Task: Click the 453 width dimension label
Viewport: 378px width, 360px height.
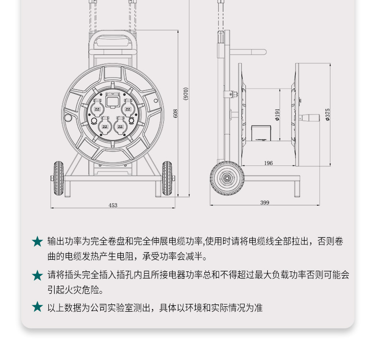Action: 113,205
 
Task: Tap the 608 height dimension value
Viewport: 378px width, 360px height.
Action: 176,114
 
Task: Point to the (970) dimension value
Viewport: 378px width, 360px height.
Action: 186,94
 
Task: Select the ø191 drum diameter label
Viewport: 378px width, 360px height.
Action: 277,115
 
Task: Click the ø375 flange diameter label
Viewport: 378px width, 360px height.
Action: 328,115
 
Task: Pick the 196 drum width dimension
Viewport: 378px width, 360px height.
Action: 268,163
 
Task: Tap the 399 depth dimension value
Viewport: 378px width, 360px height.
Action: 265,203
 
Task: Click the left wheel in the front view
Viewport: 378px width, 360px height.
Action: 59,178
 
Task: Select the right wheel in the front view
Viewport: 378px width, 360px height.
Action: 167,178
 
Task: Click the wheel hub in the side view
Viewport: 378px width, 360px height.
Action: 227,178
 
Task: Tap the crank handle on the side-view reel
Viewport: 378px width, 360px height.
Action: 309,118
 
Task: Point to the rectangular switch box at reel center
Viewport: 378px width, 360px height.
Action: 113,101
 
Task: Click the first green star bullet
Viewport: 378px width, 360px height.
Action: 37,242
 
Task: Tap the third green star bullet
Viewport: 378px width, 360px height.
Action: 37,307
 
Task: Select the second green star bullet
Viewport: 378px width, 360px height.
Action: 37,276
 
